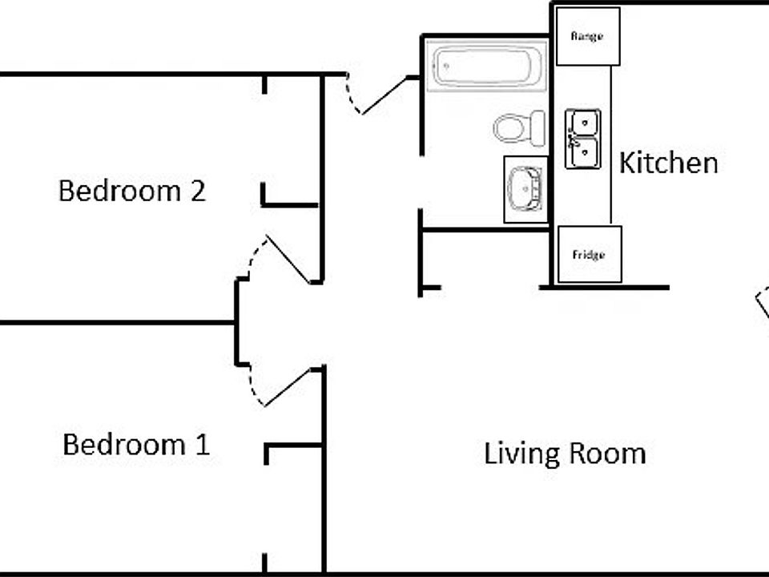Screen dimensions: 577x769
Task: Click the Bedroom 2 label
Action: click(x=132, y=192)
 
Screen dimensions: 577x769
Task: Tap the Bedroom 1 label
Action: click(x=136, y=444)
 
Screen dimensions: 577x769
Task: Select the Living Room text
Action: click(x=565, y=454)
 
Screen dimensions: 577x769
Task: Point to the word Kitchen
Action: click(x=668, y=163)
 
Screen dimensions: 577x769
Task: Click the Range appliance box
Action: click(x=588, y=37)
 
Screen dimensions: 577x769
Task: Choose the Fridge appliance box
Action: click(x=589, y=255)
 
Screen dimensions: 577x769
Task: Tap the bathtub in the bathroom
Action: click(x=485, y=66)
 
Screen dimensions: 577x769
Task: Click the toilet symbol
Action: click(x=519, y=128)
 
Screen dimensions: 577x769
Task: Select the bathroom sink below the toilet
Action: click(x=525, y=189)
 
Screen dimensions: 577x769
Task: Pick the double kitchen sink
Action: click(x=582, y=139)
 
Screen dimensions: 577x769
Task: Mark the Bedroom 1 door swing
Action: click(x=280, y=388)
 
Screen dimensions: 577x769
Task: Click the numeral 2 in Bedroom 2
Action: click(x=196, y=192)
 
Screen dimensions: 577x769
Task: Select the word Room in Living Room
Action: click(x=606, y=454)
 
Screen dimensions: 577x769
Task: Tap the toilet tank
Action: click(x=537, y=128)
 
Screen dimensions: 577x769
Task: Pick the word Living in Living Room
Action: click(x=521, y=454)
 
